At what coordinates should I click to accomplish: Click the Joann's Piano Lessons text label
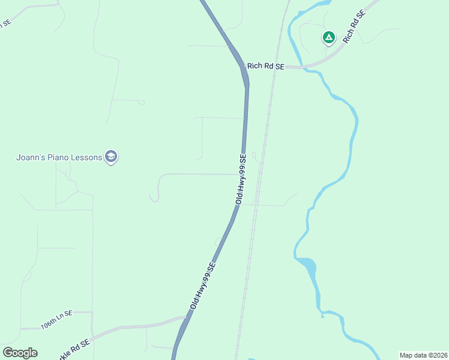point(59,158)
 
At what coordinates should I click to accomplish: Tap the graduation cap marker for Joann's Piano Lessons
point(110,157)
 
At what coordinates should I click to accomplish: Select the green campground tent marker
point(328,38)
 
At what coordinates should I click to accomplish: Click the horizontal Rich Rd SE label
point(265,66)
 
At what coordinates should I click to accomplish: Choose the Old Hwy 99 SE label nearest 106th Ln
point(203,286)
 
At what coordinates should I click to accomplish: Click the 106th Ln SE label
point(56,323)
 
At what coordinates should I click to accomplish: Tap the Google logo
point(20,353)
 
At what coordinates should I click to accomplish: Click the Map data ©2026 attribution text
point(423,355)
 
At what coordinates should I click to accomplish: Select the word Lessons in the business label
point(87,158)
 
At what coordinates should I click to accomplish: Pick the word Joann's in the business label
point(30,158)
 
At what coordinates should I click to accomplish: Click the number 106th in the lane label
point(48,325)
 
